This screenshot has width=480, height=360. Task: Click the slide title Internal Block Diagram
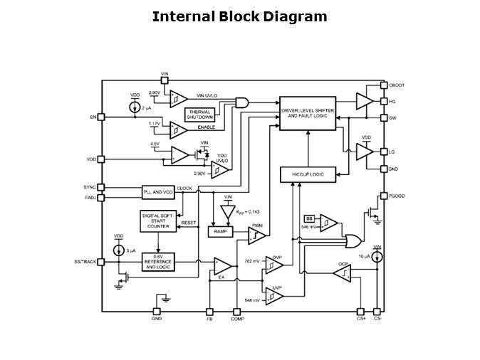239,16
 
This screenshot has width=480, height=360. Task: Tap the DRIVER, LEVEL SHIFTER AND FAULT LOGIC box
307,113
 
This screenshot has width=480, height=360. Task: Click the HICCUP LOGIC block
308,174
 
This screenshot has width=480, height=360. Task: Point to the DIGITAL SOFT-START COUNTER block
157,221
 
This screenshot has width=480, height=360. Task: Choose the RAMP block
220,232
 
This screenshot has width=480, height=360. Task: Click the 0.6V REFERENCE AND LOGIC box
157,262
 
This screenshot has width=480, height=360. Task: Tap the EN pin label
93,117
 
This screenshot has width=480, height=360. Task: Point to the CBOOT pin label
397,85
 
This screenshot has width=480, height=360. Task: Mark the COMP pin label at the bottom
237,319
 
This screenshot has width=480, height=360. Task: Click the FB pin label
209,319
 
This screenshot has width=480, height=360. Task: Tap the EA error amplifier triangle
221,266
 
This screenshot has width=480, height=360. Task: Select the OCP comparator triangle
343,272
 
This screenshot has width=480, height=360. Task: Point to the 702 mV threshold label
253,261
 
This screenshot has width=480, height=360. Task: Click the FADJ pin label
90,198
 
